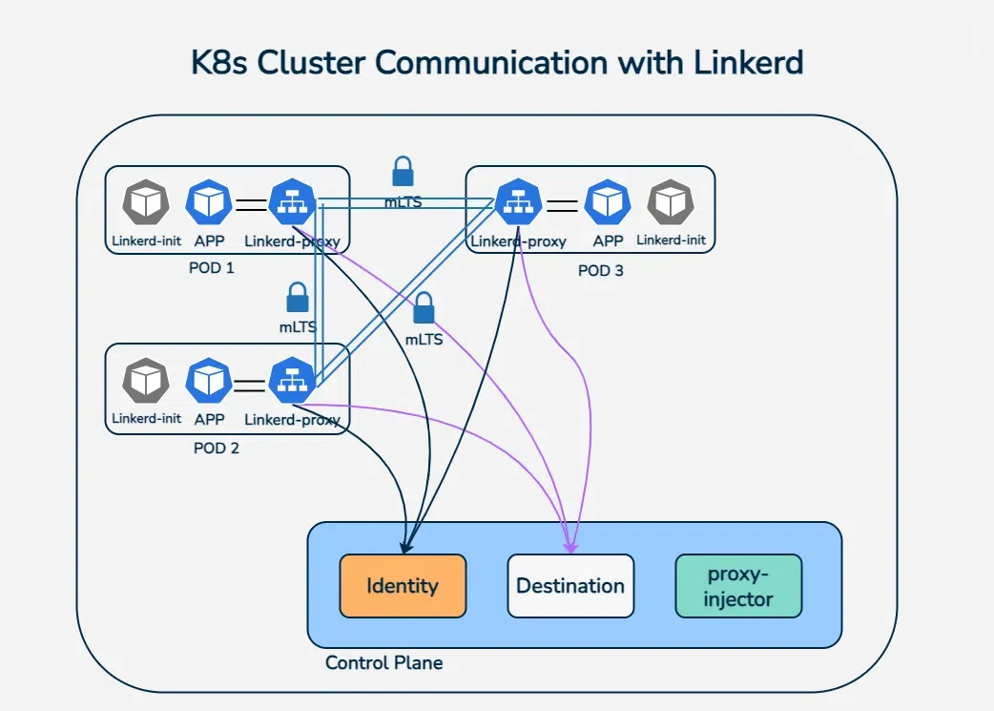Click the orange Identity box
[403, 585]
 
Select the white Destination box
[570, 585]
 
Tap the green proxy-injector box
[738, 585]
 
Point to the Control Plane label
[384, 662]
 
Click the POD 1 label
[212, 267]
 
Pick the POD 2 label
[217, 448]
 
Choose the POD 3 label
[600, 271]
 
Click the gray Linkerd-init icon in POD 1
[146, 202]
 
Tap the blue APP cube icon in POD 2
[209, 381]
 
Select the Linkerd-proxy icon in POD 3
[519, 202]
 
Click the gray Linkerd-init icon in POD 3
[671, 202]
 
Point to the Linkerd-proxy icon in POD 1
[292, 202]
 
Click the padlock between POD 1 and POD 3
[404, 171]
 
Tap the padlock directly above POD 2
[298, 298]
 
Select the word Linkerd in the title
[748, 62]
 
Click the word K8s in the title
[218, 63]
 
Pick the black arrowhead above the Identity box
[406, 548]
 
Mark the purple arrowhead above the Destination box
[571, 546]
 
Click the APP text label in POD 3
[608, 241]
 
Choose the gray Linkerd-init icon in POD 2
[146, 381]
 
